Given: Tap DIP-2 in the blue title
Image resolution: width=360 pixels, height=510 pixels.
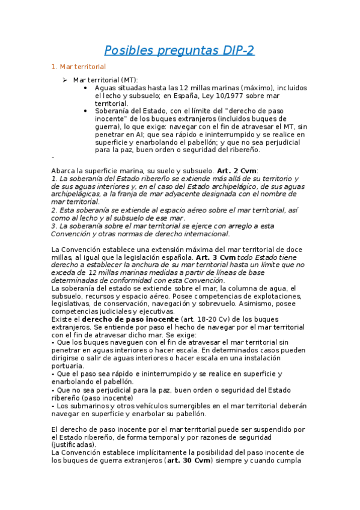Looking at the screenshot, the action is pyautogui.click(x=235, y=51).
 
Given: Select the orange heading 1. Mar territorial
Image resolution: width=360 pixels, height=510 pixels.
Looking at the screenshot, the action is pyautogui.click(x=79, y=67).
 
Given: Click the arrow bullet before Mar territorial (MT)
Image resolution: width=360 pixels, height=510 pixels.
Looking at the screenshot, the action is pyautogui.click(x=66, y=79).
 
